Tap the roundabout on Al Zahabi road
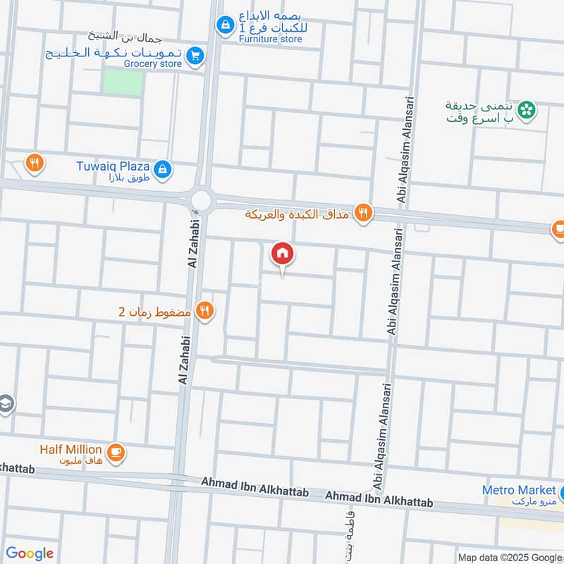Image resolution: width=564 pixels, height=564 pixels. pos(202,200)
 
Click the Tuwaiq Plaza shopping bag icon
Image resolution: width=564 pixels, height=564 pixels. pos(163,168)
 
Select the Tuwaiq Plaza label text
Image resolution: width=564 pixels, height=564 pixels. pos(113,167)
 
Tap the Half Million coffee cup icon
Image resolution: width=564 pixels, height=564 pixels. pos(116,453)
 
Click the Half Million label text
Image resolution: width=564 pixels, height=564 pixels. pos(70,450)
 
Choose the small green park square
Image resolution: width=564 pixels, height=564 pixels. pos(123,82)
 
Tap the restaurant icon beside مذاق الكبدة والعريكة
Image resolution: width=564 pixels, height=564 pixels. pos(363,212)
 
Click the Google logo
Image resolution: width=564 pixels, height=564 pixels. pos(30,553)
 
